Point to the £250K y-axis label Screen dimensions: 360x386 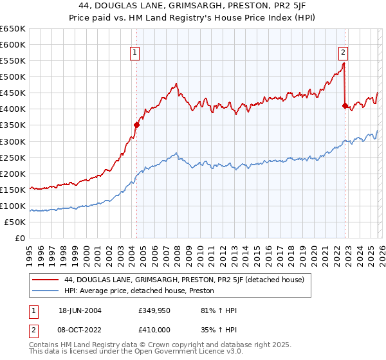(x=13, y=157)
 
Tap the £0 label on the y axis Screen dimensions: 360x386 (x=20, y=238)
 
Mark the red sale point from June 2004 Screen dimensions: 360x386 (x=136, y=125)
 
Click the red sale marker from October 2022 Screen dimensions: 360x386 (x=345, y=106)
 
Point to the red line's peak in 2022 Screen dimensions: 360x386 (x=344, y=63)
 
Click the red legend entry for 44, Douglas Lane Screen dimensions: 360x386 (x=170, y=280)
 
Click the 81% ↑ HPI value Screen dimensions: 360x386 (x=206, y=310)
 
